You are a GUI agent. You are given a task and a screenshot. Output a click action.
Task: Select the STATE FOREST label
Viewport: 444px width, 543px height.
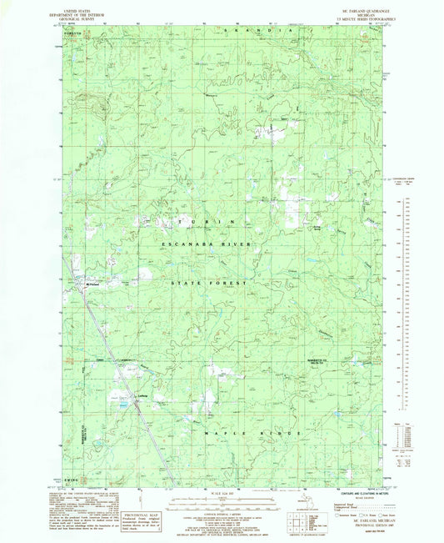pyautogui.click(x=209, y=284)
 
